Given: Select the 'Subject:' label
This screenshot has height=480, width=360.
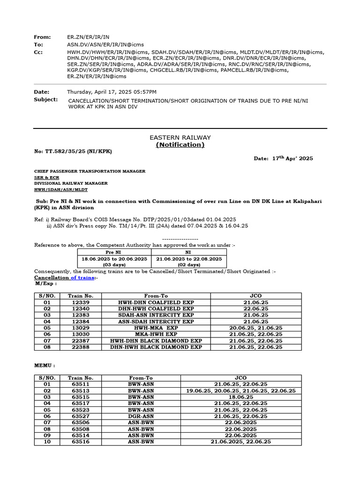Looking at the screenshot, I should (x=46, y=99).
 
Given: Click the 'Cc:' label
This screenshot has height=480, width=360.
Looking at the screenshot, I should (x=38, y=52).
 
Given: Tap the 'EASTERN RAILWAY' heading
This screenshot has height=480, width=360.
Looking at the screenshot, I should (x=180, y=137).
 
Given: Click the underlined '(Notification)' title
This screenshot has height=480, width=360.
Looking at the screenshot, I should (x=180, y=145).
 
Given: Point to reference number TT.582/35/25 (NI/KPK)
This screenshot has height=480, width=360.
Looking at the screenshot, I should (x=73, y=151).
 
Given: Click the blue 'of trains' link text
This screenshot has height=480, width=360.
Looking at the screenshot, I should (x=82, y=277).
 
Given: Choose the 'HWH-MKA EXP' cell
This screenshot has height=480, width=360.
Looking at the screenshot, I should (x=156, y=328).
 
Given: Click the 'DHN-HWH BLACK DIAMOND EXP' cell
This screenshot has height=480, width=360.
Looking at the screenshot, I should (x=156, y=347).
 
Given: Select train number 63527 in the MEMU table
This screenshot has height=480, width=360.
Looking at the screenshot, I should (x=81, y=416).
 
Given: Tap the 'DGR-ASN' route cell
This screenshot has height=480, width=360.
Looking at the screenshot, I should (x=141, y=416).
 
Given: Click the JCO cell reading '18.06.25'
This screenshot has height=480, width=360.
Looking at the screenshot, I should (x=241, y=397).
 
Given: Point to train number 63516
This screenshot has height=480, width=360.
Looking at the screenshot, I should (x=81, y=442).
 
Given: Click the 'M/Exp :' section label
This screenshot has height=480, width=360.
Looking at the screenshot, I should (x=46, y=284).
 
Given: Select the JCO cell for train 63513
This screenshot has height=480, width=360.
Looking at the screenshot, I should (x=241, y=390).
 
